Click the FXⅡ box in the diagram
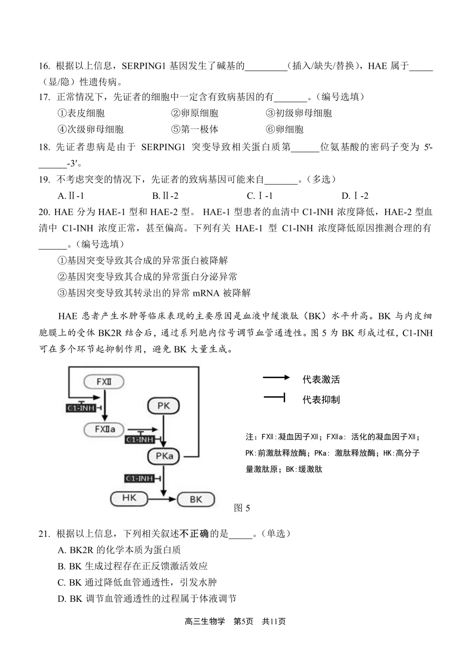point(104,382)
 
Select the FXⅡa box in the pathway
point(105,429)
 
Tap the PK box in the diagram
point(163,406)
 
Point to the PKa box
point(164,456)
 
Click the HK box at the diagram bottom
point(129,498)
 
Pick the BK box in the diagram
point(196,499)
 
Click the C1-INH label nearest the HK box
point(140,479)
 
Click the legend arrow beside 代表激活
point(276,378)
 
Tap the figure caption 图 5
point(242,508)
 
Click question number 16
point(44,66)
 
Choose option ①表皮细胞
point(81,113)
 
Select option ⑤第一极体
point(195,129)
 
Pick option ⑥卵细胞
point(285,129)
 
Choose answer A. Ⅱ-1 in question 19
point(71,196)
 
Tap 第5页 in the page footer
point(243,621)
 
